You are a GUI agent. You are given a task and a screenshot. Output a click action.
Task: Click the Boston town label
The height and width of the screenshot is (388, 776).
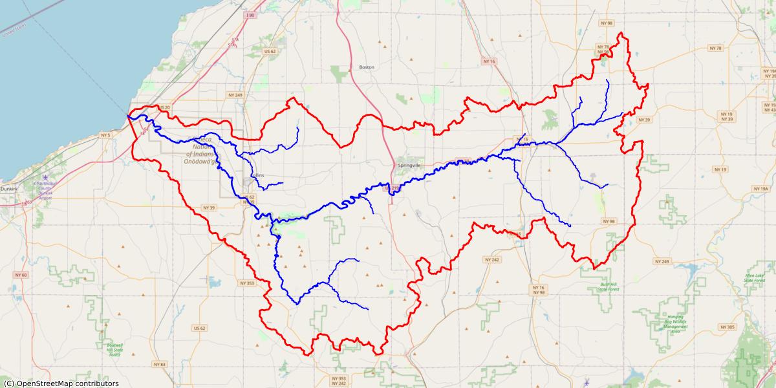(x=367, y=67)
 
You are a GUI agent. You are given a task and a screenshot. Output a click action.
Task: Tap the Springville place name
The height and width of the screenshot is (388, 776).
(x=409, y=166)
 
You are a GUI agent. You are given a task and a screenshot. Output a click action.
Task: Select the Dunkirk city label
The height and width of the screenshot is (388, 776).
(x=9, y=189)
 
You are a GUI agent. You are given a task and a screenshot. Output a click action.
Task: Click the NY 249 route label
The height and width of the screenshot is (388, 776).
(x=235, y=95)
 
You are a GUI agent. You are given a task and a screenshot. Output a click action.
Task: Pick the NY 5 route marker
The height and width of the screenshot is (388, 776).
(x=105, y=135)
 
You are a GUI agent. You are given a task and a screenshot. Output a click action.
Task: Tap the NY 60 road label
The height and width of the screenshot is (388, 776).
(x=21, y=275)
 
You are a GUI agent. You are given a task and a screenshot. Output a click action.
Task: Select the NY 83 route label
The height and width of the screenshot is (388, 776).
(x=158, y=365)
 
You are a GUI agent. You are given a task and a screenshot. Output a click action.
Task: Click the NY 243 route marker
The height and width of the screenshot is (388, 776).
(x=662, y=262)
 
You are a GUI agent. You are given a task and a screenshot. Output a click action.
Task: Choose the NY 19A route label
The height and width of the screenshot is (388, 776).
(x=760, y=189)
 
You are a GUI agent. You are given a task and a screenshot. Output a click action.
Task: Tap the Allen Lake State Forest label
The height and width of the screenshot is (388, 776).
(x=755, y=278)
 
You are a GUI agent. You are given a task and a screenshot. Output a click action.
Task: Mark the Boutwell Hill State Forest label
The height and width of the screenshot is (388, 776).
(x=115, y=350)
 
